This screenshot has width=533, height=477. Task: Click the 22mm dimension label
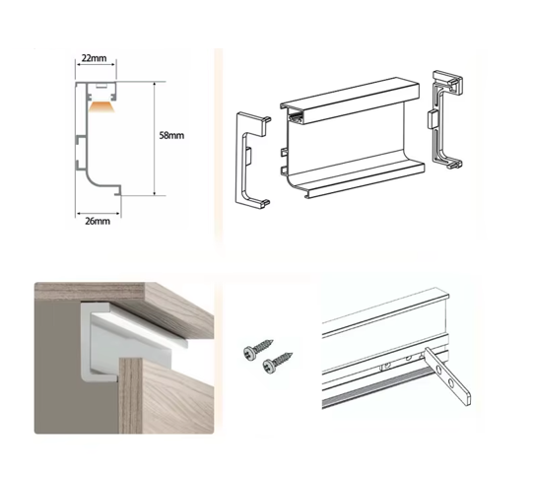point(94,58)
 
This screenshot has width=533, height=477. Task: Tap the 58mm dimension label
point(171,135)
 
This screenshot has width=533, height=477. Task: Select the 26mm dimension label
point(98,222)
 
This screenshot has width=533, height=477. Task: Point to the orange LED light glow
point(102,106)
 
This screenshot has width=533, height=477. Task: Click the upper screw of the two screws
point(258,349)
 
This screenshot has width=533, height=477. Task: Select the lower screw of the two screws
point(278,363)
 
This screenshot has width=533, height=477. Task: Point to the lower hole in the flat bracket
point(451,383)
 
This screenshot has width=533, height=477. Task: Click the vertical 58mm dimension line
point(155,138)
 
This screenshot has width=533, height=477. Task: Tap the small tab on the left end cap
point(248,155)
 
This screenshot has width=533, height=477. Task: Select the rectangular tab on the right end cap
point(432,118)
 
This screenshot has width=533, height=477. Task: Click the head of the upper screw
point(249,352)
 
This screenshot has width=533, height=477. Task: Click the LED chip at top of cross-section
point(100,86)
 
